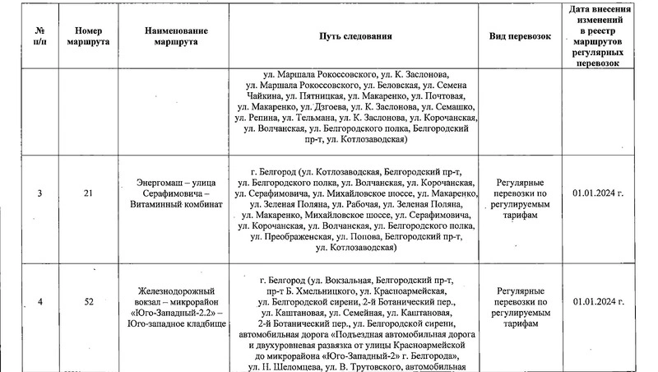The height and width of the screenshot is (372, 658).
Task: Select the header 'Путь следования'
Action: [x=356, y=36]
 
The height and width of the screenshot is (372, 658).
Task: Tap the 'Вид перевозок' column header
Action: [x=518, y=36]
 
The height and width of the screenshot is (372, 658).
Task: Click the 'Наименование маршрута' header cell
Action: [x=177, y=36]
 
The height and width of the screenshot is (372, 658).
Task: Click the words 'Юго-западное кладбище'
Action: [x=177, y=324]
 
